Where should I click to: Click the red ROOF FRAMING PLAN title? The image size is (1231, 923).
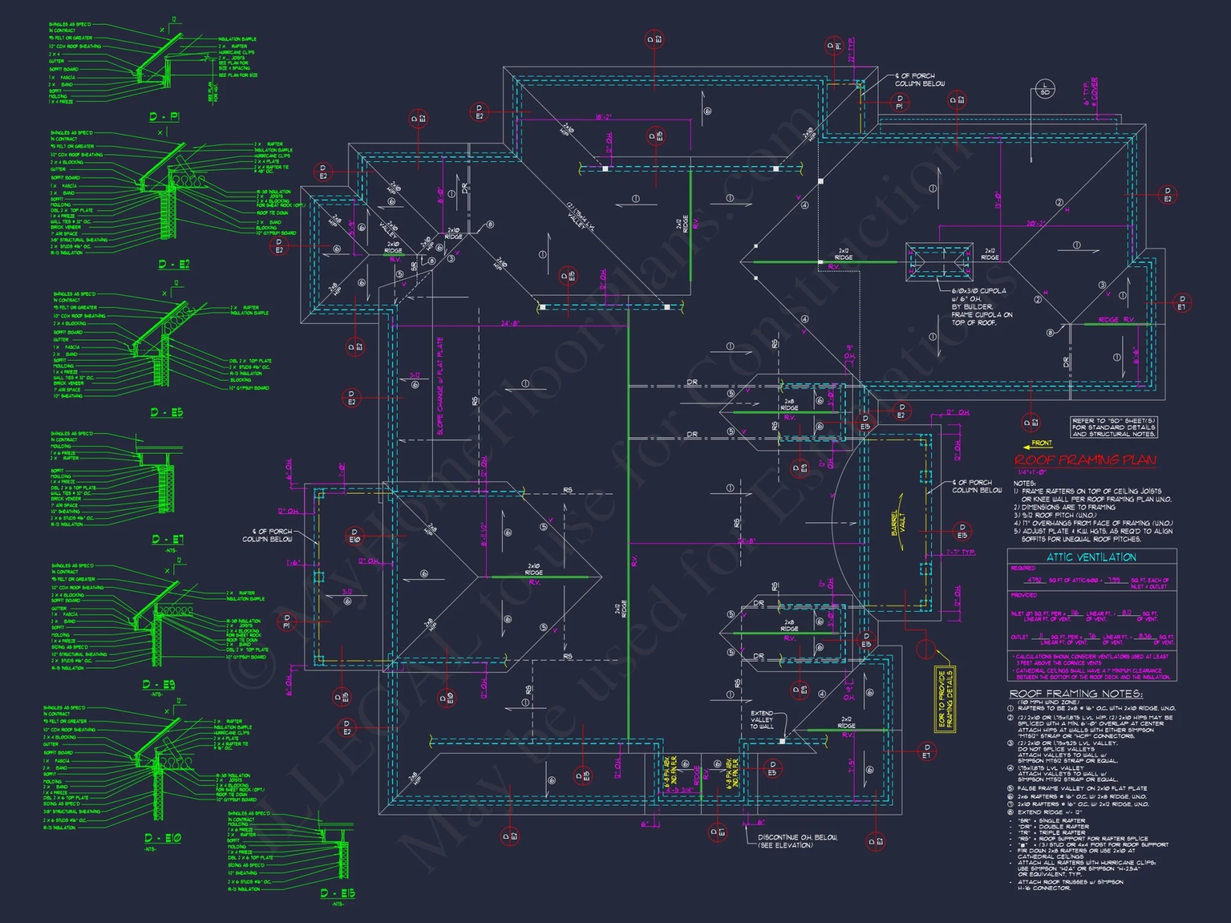tap(1085, 460)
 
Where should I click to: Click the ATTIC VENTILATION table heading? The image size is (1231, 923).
tap(1091, 557)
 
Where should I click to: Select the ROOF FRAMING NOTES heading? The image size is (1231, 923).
tap(1075, 693)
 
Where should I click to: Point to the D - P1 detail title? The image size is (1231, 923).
tap(164, 117)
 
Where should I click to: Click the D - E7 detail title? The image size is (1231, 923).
tap(167, 540)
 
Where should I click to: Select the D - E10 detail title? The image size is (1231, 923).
tap(162, 838)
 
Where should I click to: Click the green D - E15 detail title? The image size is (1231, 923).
tap(337, 893)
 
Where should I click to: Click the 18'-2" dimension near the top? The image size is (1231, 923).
tap(603, 117)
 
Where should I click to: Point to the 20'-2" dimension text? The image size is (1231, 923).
tap(1035, 223)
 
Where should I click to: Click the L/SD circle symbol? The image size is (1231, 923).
tap(1045, 89)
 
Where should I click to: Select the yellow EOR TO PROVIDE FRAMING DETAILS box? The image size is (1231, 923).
tap(945, 698)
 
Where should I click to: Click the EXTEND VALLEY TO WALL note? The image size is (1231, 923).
tap(761, 719)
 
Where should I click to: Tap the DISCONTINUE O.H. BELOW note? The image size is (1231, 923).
tap(796, 841)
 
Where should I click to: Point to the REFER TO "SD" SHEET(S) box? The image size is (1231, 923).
tap(1113, 427)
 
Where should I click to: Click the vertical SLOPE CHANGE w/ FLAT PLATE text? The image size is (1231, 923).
tap(440, 386)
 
